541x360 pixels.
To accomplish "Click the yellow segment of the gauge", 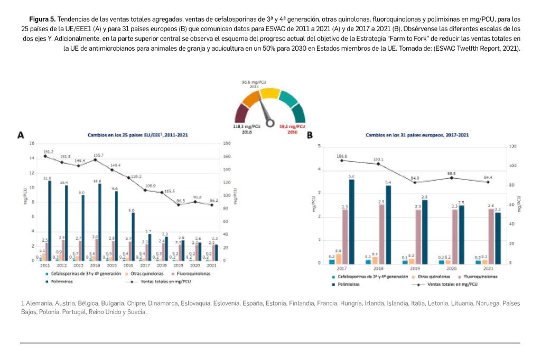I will click(x=269, y=93).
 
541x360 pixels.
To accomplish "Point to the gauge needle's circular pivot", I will click(x=270, y=123).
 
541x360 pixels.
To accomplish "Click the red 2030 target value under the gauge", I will click(x=292, y=127).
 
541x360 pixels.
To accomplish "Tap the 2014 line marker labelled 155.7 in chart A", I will click(x=97, y=159).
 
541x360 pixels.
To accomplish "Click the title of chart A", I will click(x=137, y=135).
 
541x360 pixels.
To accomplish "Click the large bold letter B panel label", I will click(x=310, y=136).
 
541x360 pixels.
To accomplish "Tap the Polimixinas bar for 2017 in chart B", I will click(x=351, y=221).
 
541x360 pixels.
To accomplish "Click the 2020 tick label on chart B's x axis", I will click(x=452, y=268).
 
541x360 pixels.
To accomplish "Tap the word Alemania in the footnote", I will click(x=38, y=304).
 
